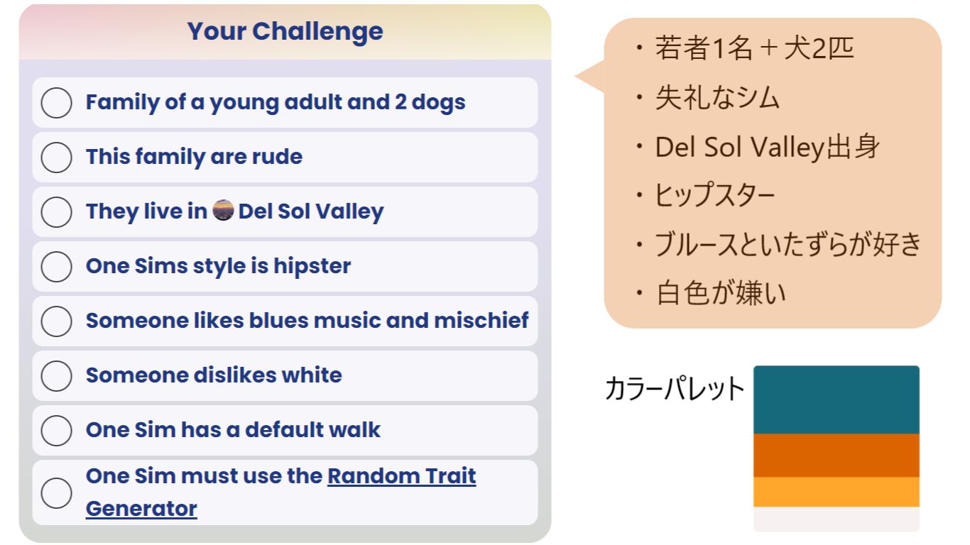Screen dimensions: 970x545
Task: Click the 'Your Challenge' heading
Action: pyautogui.click(x=285, y=32)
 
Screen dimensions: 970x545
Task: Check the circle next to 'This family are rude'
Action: pyautogui.click(x=56, y=158)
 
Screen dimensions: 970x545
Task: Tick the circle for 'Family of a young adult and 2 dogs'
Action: pyautogui.click(x=56, y=103)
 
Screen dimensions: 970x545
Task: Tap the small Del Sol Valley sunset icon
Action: pyautogui.click(x=223, y=210)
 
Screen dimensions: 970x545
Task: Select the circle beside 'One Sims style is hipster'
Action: pyautogui.click(x=56, y=267)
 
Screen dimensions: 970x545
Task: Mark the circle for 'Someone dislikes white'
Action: pyautogui.click(x=56, y=375)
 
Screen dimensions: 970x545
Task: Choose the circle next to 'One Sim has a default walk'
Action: pyautogui.click(x=56, y=430)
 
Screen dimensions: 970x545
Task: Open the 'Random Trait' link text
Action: pyautogui.click(x=401, y=476)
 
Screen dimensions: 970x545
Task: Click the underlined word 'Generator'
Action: pyautogui.click(x=141, y=508)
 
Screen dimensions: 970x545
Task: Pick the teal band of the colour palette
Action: pyautogui.click(x=837, y=400)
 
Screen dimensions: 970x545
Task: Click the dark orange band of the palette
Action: pyautogui.click(x=837, y=456)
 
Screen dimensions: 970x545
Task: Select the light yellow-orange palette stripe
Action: pyautogui.click(x=837, y=492)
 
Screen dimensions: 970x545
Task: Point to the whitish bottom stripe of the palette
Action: pyautogui.click(x=837, y=519)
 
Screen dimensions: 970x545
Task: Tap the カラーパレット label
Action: pyautogui.click(x=674, y=388)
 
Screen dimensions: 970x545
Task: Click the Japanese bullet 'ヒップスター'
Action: pyautogui.click(x=714, y=195)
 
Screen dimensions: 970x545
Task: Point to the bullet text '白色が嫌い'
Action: pyautogui.click(x=721, y=293)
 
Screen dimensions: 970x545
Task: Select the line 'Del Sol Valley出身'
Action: pyautogui.click(x=767, y=147)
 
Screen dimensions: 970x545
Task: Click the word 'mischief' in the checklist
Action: pyautogui.click(x=481, y=321)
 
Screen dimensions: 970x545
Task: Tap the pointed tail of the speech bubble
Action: pyautogui.click(x=576, y=76)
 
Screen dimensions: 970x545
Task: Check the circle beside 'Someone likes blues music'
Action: pyautogui.click(x=56, y=321)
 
